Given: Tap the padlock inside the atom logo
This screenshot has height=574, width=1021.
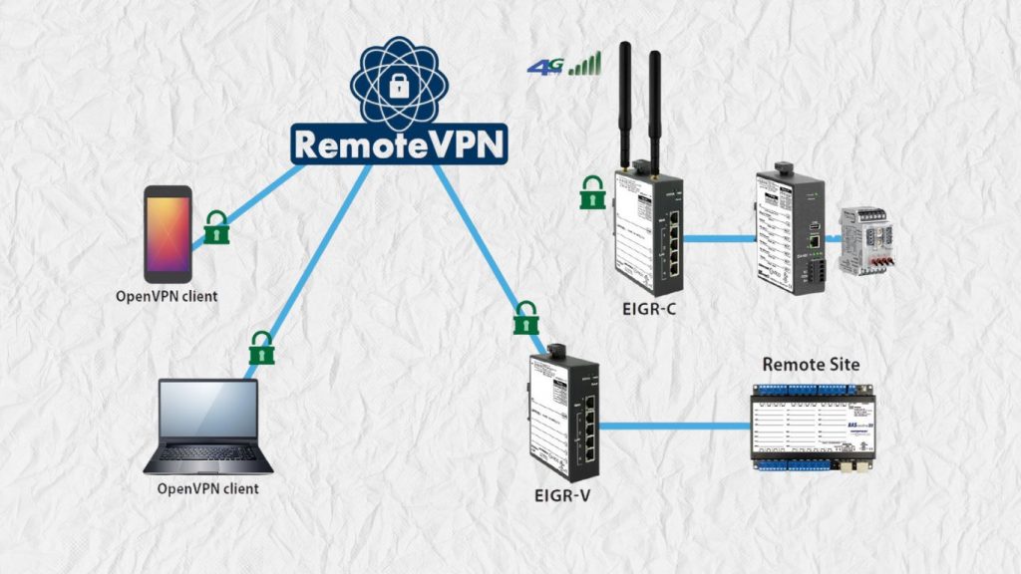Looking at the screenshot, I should (x=399, y=85).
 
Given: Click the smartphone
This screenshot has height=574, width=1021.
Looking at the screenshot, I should (x=167, y=233).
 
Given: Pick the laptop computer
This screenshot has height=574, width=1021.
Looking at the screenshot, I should (x=208, y=427).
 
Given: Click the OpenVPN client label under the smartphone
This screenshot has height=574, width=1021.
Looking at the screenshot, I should (x=167, y=296).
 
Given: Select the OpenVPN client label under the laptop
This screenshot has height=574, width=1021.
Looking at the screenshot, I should (x=208, y=488).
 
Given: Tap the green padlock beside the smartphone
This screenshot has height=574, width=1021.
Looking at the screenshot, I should (x=216, y=228).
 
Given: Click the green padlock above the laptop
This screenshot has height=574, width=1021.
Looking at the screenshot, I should (x=261, y=347).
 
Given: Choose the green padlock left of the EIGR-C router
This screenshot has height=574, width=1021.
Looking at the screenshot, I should (x=593, y=192).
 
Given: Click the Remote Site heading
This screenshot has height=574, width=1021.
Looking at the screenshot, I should (x=811, y=365).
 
